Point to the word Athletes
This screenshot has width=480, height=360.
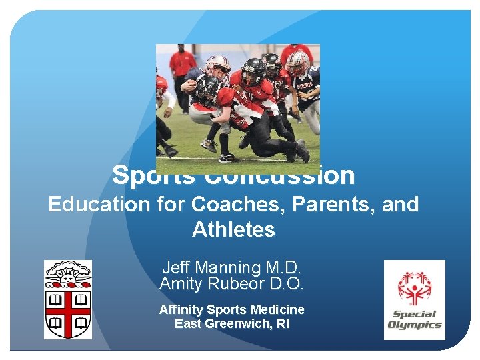233,230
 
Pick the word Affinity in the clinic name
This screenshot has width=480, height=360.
181,309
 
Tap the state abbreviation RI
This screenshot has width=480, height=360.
282,324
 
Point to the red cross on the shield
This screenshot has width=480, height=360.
68,311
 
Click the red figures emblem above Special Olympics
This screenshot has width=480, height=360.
415,287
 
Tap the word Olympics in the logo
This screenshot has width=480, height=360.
415,325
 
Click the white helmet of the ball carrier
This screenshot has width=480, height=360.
217,65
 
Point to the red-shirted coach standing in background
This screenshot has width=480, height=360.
181,67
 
